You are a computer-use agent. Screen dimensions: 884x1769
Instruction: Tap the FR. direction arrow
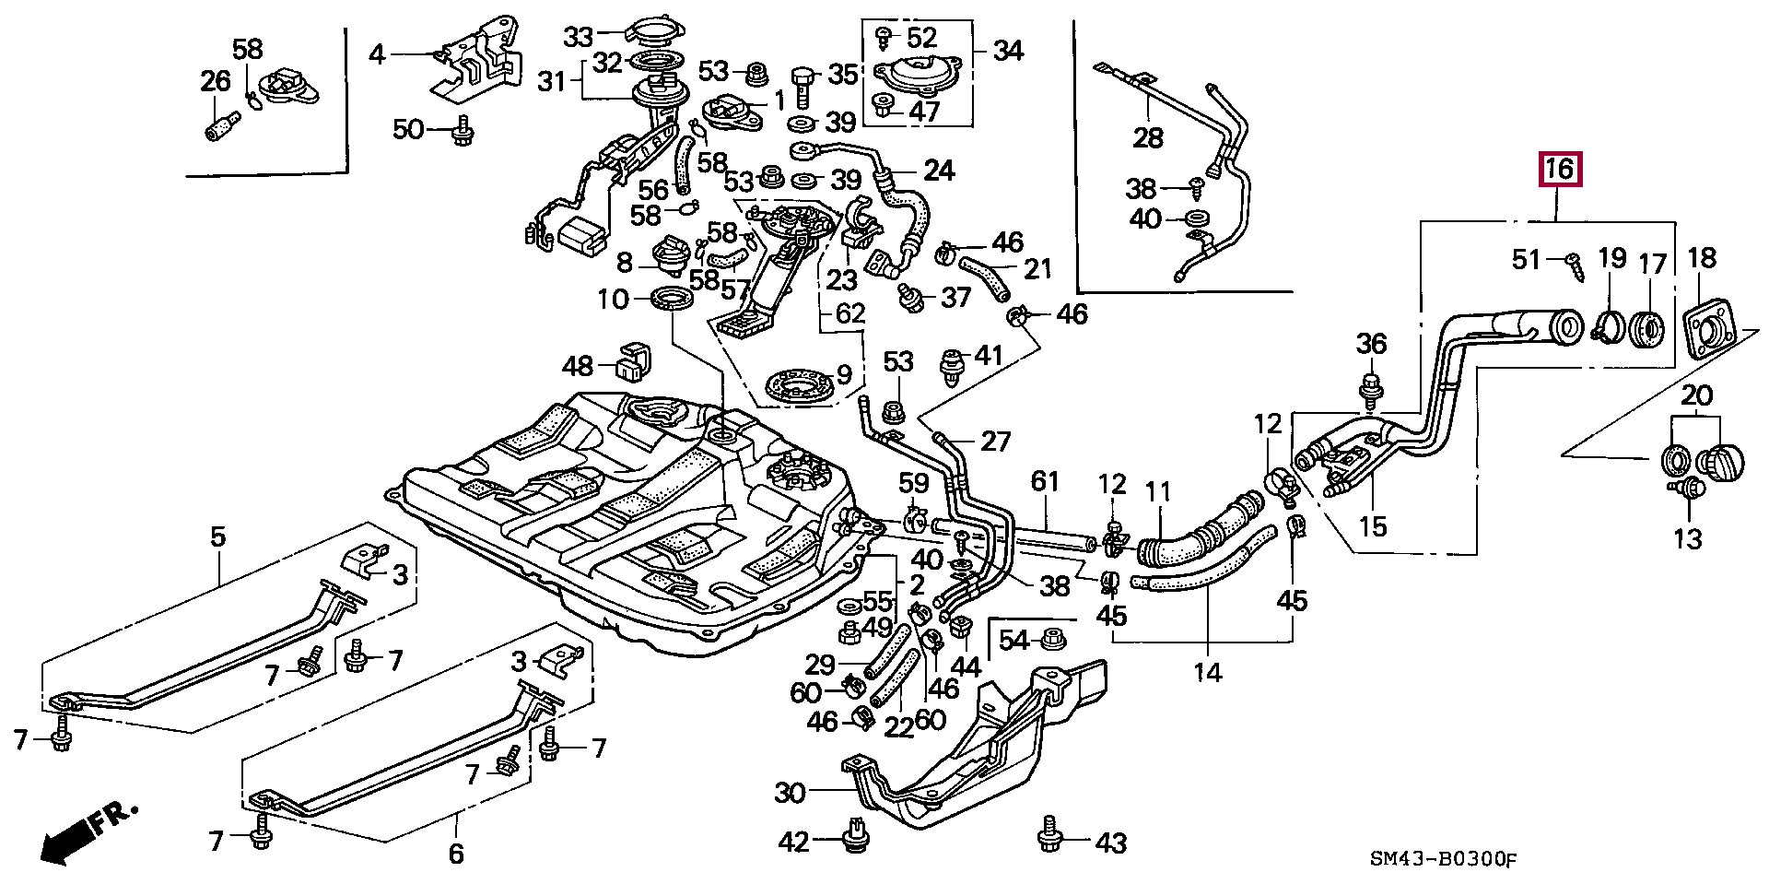click(88, 835)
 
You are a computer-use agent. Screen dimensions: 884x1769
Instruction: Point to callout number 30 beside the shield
click(790, 792)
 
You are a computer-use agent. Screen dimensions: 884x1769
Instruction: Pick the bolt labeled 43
click(1049, 834)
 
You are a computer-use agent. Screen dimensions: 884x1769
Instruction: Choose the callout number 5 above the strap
click(217, 536)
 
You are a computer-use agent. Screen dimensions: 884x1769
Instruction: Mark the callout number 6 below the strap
click(455, 854)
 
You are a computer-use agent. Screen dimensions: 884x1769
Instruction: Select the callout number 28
click(1148, 137)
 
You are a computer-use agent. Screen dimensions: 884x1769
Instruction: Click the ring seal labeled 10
click(672, 299)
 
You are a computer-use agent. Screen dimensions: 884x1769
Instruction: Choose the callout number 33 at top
click(580, 37)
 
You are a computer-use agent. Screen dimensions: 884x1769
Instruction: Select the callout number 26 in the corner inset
click(216, 81)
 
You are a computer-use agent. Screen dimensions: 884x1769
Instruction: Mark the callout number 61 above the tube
click(1046, 481)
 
